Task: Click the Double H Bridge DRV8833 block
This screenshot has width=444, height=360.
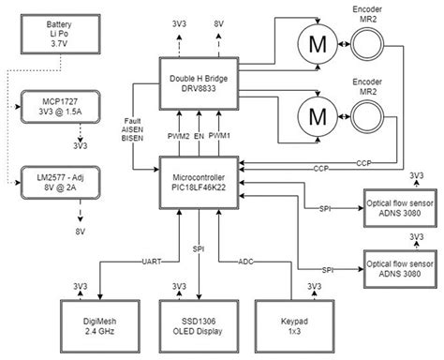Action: click(198, 82)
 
